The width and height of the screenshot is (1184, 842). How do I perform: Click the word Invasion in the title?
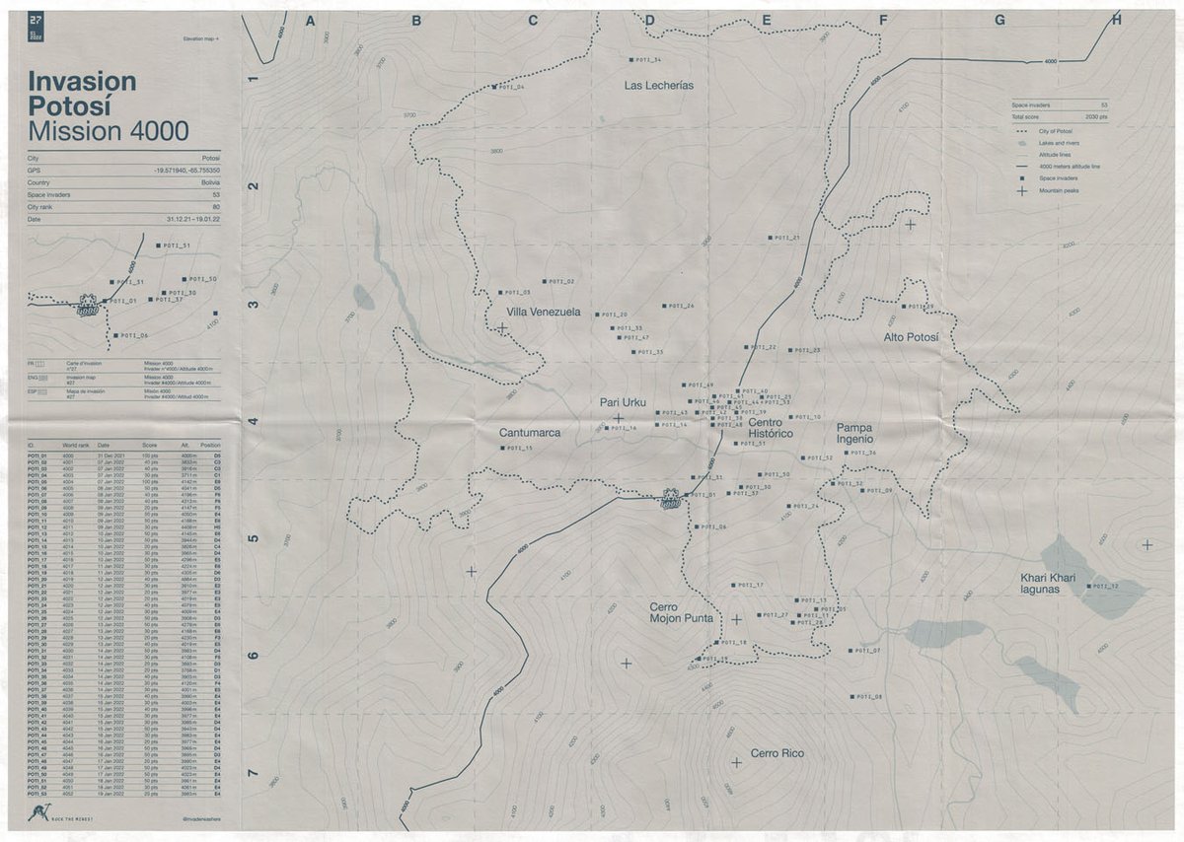coord(82,81)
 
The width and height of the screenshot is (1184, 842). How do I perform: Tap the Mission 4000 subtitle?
coord(109,131)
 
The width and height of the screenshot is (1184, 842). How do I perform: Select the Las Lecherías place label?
coord(658,86)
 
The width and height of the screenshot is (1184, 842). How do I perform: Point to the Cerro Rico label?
coord(777,754)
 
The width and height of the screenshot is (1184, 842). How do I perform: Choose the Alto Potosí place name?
coord(911,338)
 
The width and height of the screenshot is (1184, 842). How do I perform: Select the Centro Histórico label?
coord(771,428)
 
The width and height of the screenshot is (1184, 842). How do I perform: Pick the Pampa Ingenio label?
coord(855,433)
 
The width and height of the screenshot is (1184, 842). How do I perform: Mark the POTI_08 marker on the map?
coord(851,697)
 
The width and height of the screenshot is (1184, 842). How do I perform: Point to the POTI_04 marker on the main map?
coord(494,88)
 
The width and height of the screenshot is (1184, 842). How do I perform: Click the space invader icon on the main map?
coord(670,499)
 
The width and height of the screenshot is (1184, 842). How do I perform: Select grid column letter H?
coord(1116,20)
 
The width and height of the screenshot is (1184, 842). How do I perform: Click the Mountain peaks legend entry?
coord(1057,190)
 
